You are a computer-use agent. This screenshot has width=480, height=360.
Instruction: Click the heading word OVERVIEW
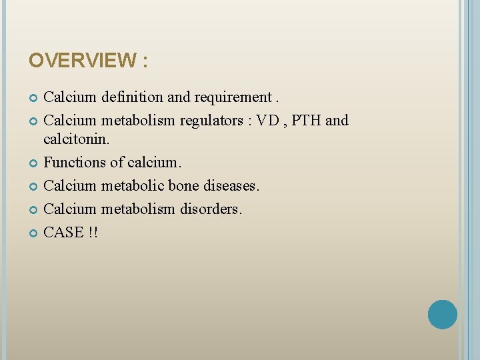[x=81, y=61]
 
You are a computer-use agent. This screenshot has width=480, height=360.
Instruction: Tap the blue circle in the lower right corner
[x=443, y=315]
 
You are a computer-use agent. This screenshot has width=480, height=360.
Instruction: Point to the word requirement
[x=233, y=97]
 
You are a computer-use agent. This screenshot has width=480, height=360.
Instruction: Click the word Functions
[x=71, y=162]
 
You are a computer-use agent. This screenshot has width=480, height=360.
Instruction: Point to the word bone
[x=180, y=185]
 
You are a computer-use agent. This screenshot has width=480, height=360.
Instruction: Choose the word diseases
[x=229, y=185]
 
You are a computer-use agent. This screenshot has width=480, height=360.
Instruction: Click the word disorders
[x=211, y=209]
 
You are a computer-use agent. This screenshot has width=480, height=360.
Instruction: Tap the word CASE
[x=63, y=232]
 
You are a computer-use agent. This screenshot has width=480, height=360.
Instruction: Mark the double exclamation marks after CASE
[x=93, y=232]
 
